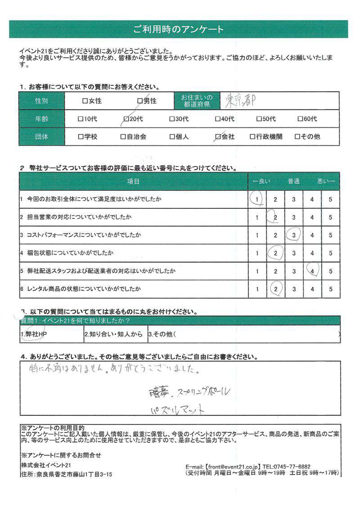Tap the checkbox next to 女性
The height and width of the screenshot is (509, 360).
pyautogui.click(x=85, y=101)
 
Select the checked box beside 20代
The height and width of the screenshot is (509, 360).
pyautogui.click(x=126, y=119)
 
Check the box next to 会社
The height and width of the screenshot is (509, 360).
pyautogui.click(x=219, y=136)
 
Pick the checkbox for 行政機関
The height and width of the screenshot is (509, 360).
pyautogui.click(x=252, y=136)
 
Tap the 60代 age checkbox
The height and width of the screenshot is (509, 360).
pyautogui.click(x=301, y=119)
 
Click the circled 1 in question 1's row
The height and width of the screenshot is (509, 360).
pyautogui.click(x=257, y=198)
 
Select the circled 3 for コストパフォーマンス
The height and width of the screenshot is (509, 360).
pyautogui.click(x=293, y=234)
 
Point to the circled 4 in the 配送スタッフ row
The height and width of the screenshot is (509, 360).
pyautogui.click(x=312, y=270)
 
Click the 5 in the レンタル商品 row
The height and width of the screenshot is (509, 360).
pyautogui.click(x=330, y=288)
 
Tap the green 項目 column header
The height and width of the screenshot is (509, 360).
pyautogui.click(x=134, y=181)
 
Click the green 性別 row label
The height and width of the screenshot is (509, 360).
pyautogui.click(x=41, y=101)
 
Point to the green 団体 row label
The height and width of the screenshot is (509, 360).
pyautogui.click(x=41, y=136)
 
